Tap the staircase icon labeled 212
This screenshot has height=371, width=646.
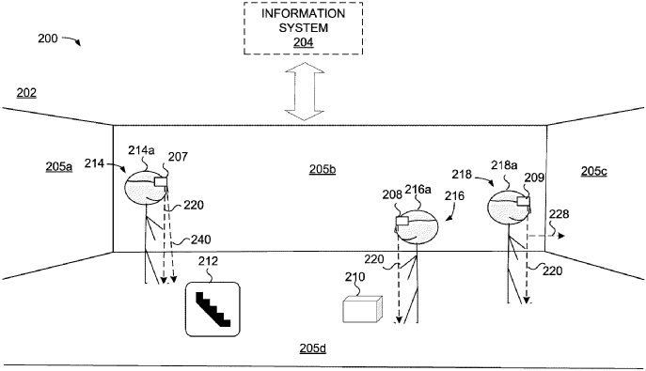pyautogui.click(x=214, y=308)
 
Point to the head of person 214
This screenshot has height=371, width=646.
pyautogui.click(x=146, y=185)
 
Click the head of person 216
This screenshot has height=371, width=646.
pyautogui.click(x=418, y=225)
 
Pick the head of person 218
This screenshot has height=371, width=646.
pyautogui.click(x=510, y=207)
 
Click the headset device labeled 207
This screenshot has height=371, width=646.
pyautogui.click(x=161, y=182)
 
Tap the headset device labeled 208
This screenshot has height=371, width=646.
pyautogui.click(x=402, y=223)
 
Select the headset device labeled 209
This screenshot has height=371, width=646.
pyautogui.click(x=523, y=202)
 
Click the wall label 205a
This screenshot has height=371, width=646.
pyautogui.click(x=58, y=166)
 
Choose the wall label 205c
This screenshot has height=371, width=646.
pyautogui.click(x=594, y=171)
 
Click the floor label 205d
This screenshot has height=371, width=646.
pyautogui.click(x=312, y=348)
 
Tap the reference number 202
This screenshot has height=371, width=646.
pyautogui.click(x=26, y=92)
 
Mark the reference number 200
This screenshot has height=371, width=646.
pyautogui.click(x=46, y=39)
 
